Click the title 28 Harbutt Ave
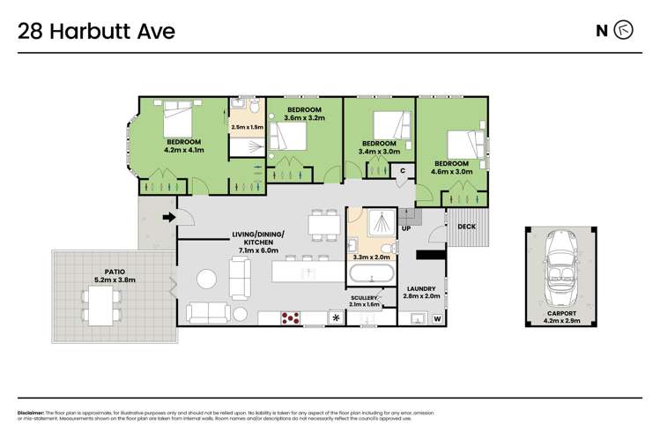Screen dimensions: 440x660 (x=97, y=32)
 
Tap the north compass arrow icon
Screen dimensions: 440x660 (x=625, y=31)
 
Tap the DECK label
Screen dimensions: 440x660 (x=466, y=227)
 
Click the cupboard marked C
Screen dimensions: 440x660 (x=402, y=170)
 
